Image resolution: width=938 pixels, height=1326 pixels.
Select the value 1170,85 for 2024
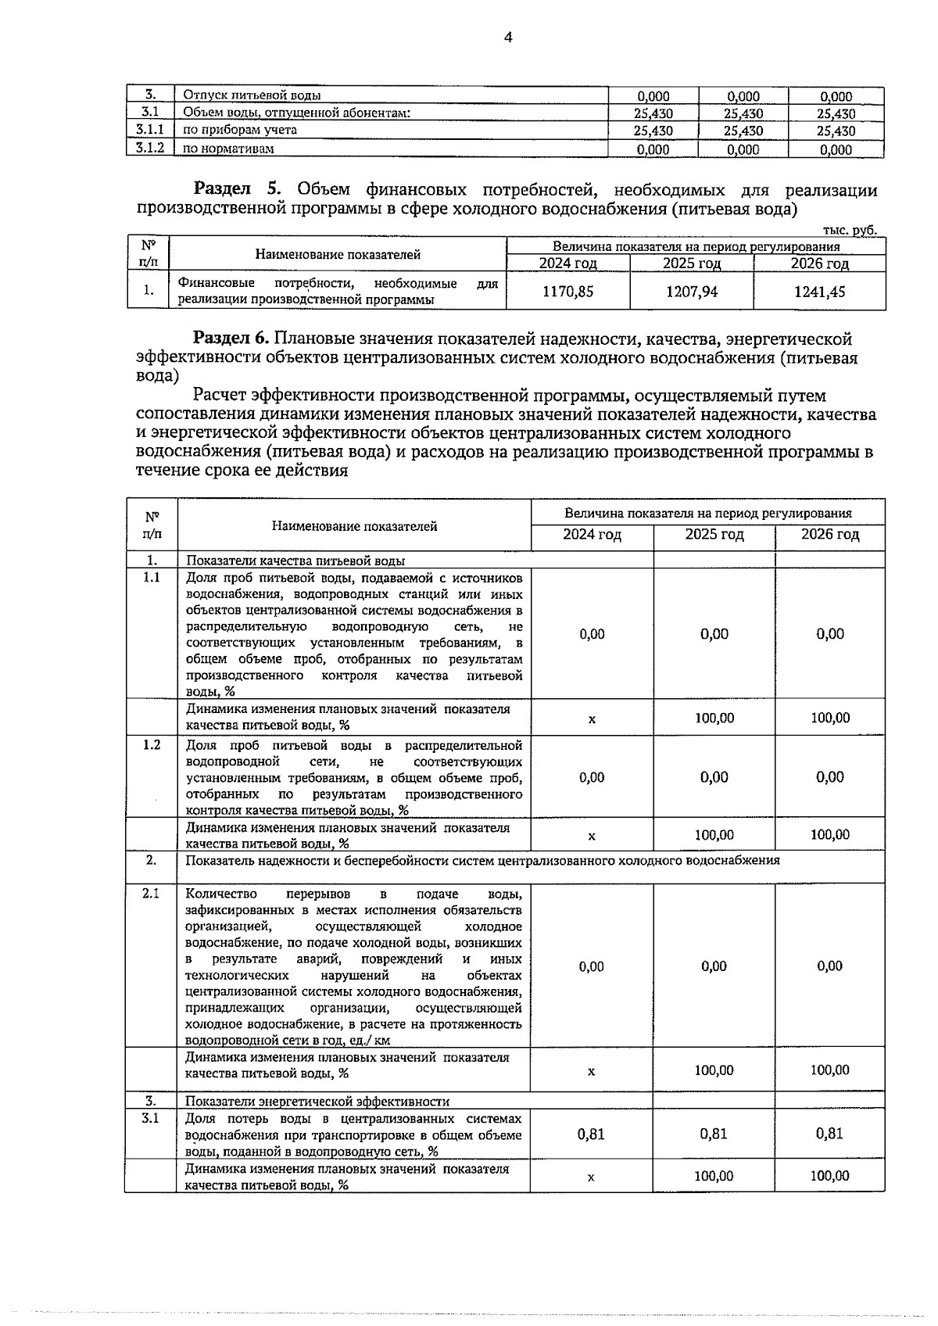click(567, 292)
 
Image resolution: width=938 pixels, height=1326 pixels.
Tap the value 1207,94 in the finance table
click(692, 292)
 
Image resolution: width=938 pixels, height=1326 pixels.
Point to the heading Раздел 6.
click(231, 339)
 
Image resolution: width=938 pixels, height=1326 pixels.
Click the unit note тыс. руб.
click(850, 230)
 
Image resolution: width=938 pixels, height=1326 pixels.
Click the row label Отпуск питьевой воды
click(252, 95)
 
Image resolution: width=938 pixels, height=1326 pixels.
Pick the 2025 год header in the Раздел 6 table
click(714, 535)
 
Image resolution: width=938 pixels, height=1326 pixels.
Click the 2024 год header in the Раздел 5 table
click(567, 263)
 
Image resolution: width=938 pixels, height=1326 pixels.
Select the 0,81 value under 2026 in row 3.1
click(829, 1134)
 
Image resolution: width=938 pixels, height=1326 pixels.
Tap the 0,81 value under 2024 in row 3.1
click(591, 1134)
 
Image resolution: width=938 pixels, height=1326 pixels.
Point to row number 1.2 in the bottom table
click(151, 745)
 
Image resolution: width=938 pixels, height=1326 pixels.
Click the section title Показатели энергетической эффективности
click(317, 1102)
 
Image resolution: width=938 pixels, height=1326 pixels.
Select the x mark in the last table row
click(591, 1177)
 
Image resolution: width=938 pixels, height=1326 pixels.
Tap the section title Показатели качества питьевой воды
click(295, 561)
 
